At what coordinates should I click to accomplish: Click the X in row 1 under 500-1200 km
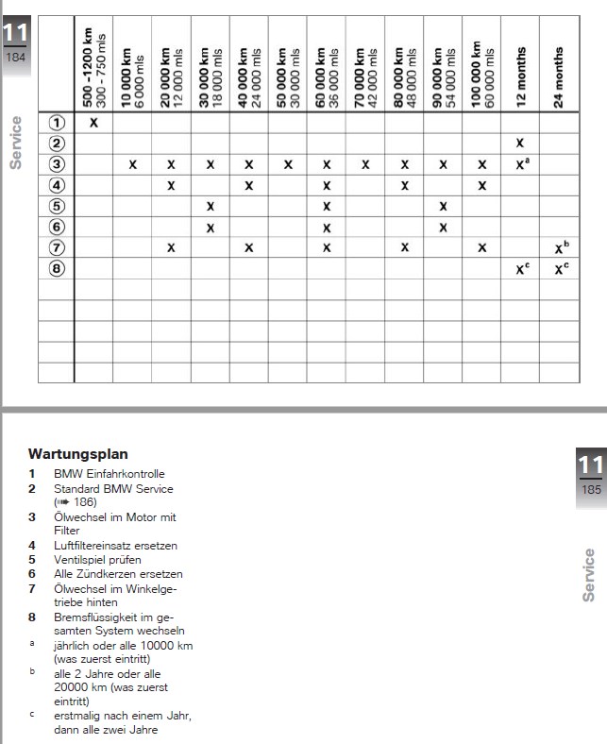point(93,123)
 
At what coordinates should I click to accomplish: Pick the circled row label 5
point(57,206)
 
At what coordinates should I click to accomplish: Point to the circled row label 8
point(57,268)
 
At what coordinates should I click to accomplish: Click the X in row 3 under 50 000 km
point(288,164)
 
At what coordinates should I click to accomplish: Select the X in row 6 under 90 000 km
point(443,227)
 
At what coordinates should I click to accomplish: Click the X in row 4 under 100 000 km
point(481,185)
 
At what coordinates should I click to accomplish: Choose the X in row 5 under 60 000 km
point(327,206)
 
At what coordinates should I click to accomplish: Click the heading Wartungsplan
point(78,454)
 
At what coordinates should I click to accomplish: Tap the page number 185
point(591,489)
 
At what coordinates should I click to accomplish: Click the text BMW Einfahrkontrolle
point(109,474)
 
